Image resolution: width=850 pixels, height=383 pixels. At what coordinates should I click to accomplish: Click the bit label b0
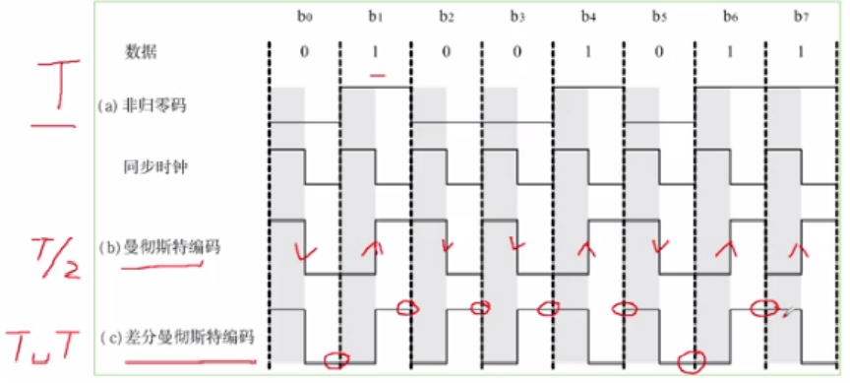(x=304, y=17)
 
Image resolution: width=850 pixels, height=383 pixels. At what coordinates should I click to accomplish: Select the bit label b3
(x=516, y=17)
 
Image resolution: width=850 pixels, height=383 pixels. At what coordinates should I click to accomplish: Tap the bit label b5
(x=658, y=17)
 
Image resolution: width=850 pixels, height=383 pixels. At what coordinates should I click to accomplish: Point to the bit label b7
(x=800, y=17)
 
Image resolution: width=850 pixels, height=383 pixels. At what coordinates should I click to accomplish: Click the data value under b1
(x=375, y=51)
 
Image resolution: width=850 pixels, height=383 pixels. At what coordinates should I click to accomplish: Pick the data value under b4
(x=587, y=51)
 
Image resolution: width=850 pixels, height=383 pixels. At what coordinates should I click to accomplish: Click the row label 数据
(x=141, y=51)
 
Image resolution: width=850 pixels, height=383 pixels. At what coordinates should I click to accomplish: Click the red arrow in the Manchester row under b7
(x=800, y=251)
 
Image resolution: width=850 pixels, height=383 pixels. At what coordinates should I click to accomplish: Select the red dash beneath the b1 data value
(x=377, y=74)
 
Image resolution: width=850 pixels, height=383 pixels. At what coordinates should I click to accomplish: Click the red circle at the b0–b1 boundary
(x=336, y=360)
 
